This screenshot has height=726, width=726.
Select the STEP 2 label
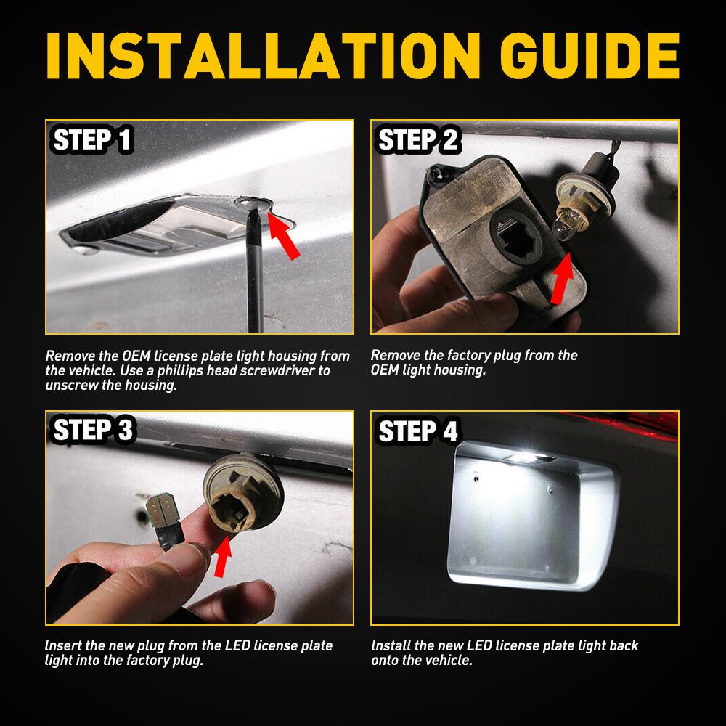point(418,140)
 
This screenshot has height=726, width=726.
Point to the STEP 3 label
point(93,430)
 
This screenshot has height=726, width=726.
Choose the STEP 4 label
point(418,431)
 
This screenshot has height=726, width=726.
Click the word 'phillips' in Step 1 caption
point(208,371)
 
